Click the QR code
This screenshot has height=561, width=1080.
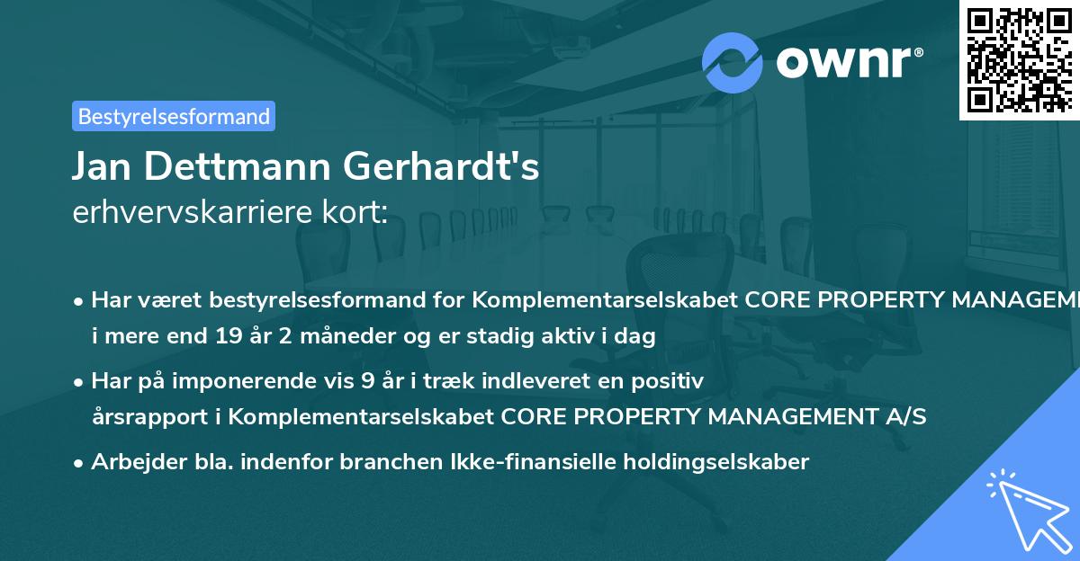(x=1019, y=59)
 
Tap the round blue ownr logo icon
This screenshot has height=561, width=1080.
(x=733, y=62)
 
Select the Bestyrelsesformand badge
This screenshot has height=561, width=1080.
(x=174, y=116)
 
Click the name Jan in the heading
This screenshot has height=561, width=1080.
(x=102, y=166)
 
